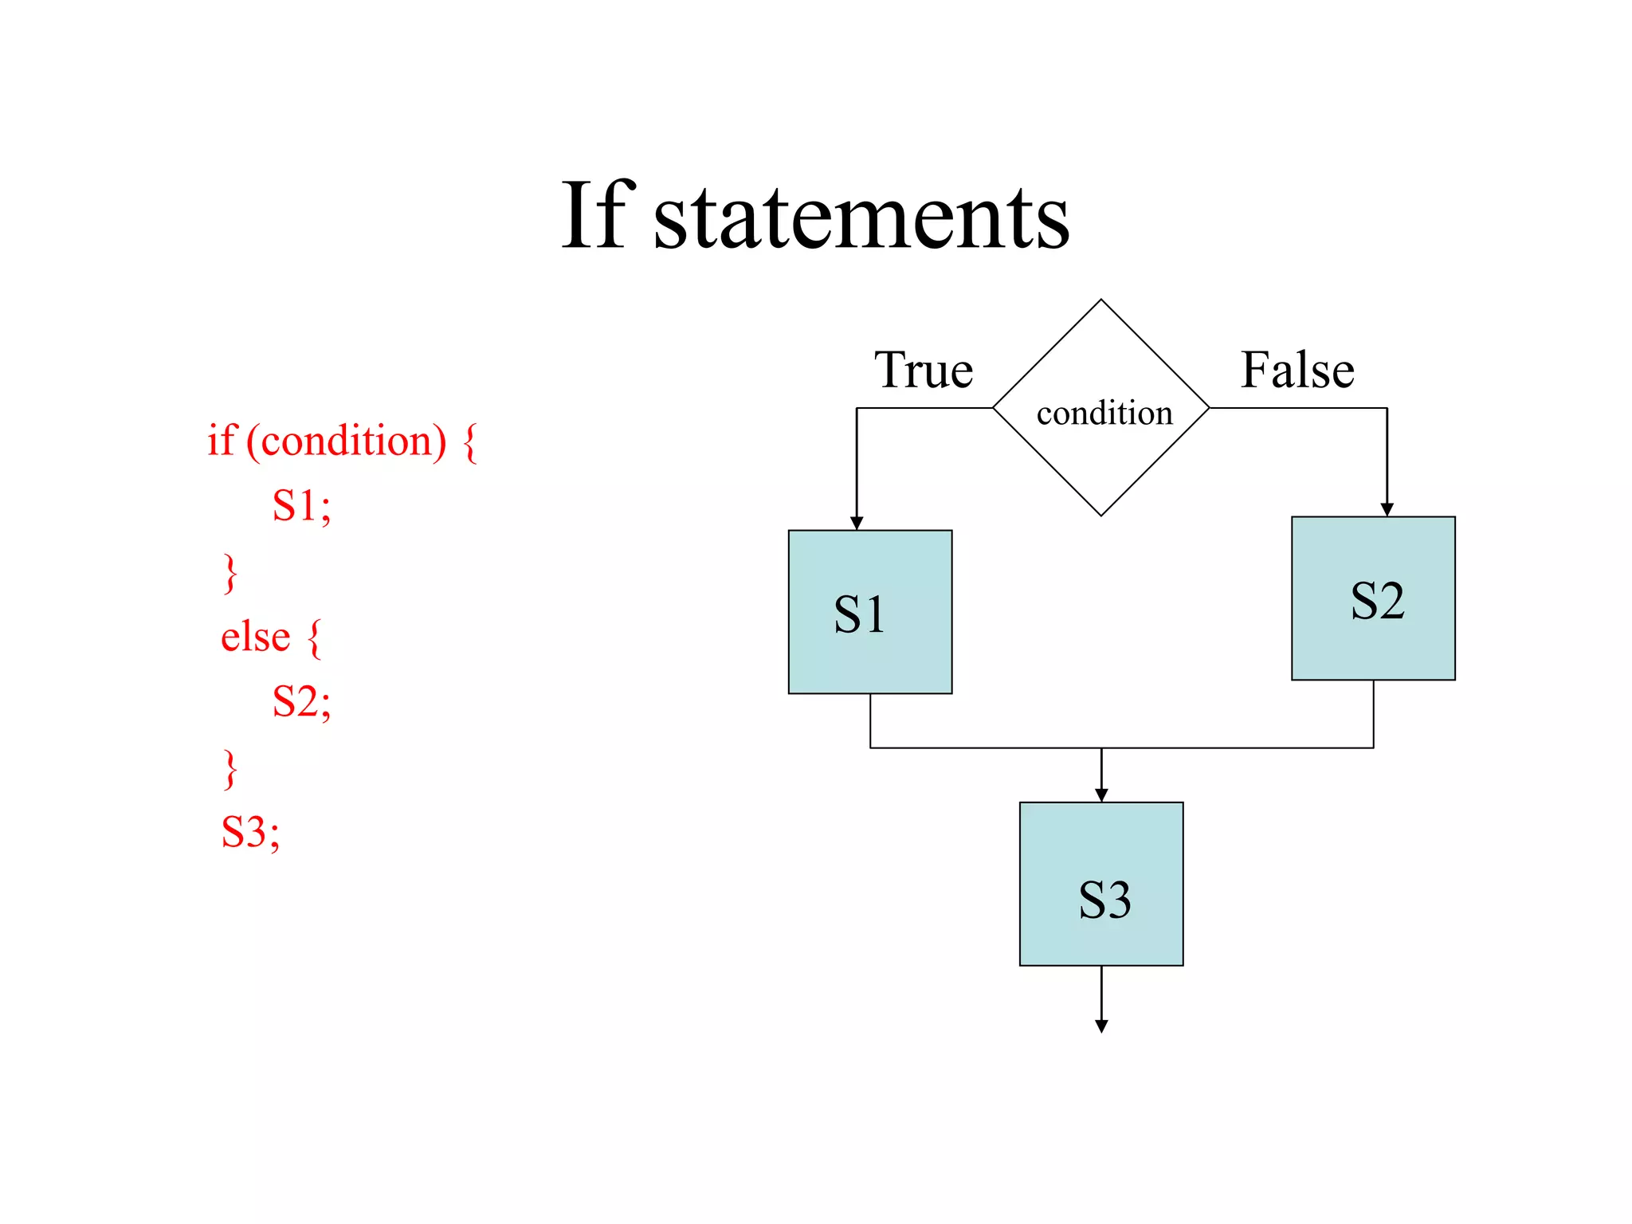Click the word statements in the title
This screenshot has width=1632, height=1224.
[861, 219]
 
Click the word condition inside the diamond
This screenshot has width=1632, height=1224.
[1104, 413]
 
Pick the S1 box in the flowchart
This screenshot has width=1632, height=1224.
[870, 612]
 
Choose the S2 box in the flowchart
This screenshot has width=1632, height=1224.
[1373, 598]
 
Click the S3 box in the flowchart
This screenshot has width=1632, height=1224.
[1101, 884]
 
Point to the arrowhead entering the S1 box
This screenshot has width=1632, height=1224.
[857, 524]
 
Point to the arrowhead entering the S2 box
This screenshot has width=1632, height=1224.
[1387, 510]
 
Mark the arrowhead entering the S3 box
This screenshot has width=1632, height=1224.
[1101, 795]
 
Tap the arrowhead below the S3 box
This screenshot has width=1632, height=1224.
[1101, 1026]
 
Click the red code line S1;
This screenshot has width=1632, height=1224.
[301, 505]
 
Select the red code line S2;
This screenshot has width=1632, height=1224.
[301, 701]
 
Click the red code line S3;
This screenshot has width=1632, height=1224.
[250, 832]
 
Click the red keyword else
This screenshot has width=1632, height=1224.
[255, 637]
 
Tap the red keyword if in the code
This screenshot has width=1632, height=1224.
[222, 440]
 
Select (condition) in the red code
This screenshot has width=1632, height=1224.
[347, 441]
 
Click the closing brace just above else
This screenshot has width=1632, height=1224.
[230, 574]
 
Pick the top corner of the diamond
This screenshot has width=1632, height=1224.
[1101, 300]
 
